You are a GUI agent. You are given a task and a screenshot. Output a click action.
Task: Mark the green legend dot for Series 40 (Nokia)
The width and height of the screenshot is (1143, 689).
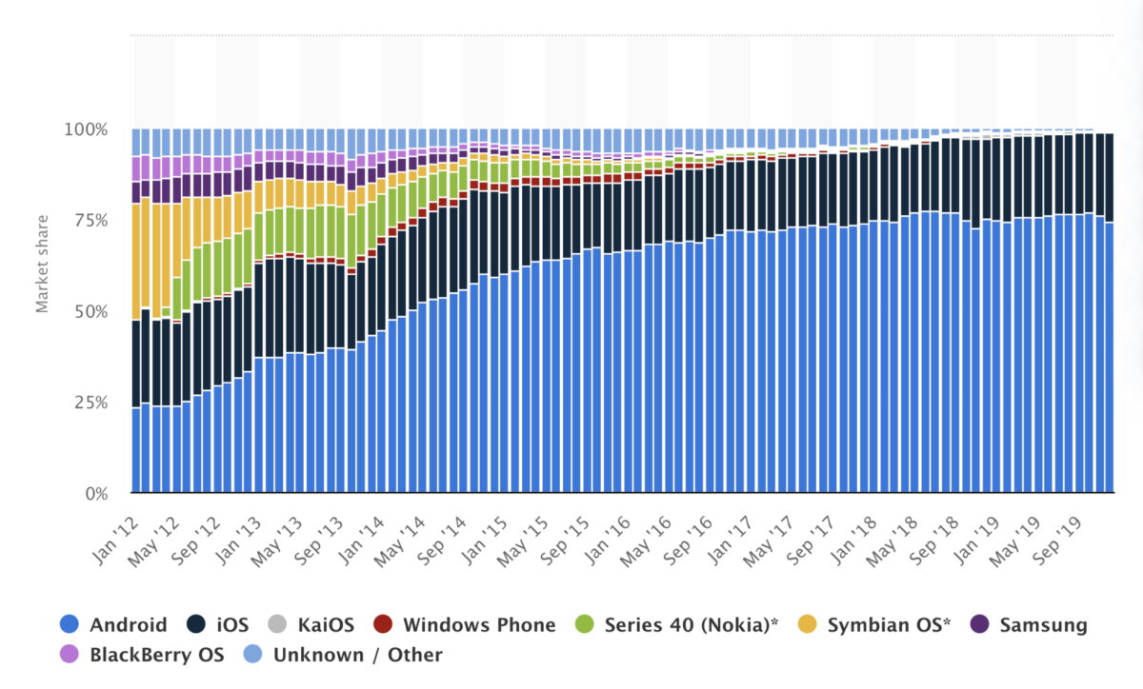tap(585, 625)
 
